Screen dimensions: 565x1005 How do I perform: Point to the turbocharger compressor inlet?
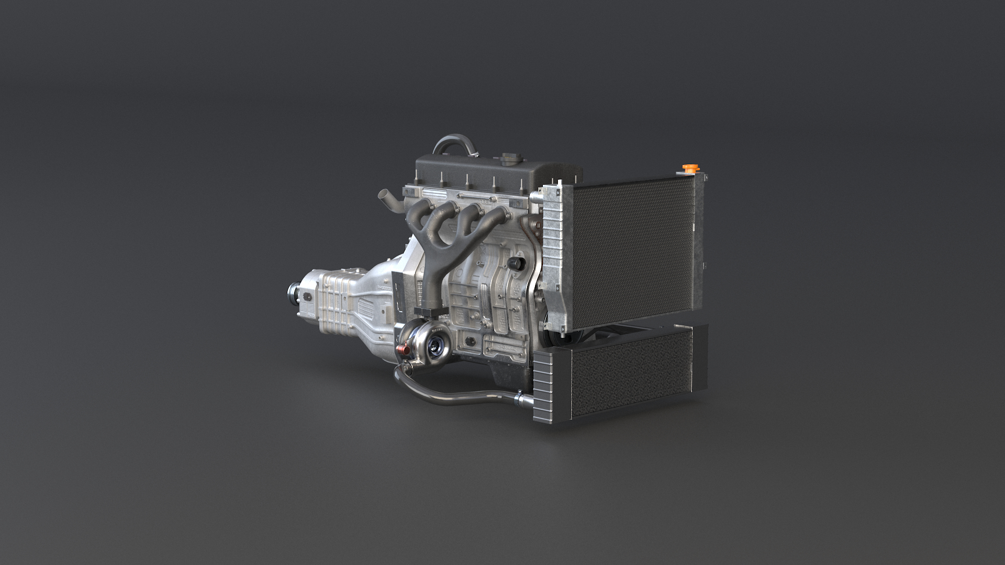(435, 344)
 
